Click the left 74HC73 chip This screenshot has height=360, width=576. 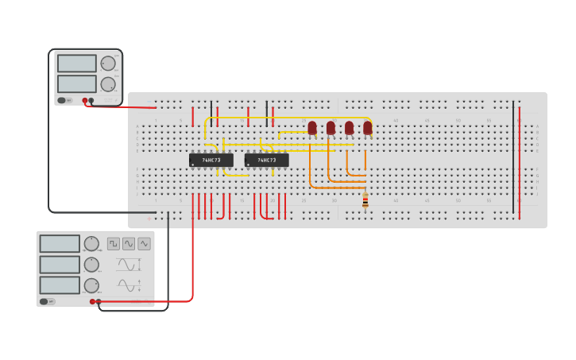tap(211, 160)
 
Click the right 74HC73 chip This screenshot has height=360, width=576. tap(266, 160)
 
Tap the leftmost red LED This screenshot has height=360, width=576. tap(312, 127)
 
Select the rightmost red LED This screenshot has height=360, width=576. tap(368, 127)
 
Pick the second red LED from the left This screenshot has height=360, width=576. tap(331, 127)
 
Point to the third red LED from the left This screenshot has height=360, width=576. tap(349, 127)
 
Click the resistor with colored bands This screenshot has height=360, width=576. tap(365, 202)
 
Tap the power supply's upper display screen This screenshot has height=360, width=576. tap(77, 64)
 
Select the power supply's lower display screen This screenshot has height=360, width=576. tap(77, 83)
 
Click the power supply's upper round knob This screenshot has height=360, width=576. tap(108, 64)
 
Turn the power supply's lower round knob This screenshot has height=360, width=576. tap(108, 84)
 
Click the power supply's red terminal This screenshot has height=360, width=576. tap(85, 101)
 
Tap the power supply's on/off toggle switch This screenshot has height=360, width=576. tap(62, 100)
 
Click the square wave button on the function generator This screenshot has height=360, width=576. tap(114, 244)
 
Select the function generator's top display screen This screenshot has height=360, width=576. tap(60, 244)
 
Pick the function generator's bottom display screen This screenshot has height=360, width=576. tap(60, 285)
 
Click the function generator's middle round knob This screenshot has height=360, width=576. tap(92, 265)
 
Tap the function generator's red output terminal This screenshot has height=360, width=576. tap(93, 301)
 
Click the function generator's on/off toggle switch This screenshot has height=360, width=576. tap(46, 301)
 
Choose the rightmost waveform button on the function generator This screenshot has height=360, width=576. tap(144, 244)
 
